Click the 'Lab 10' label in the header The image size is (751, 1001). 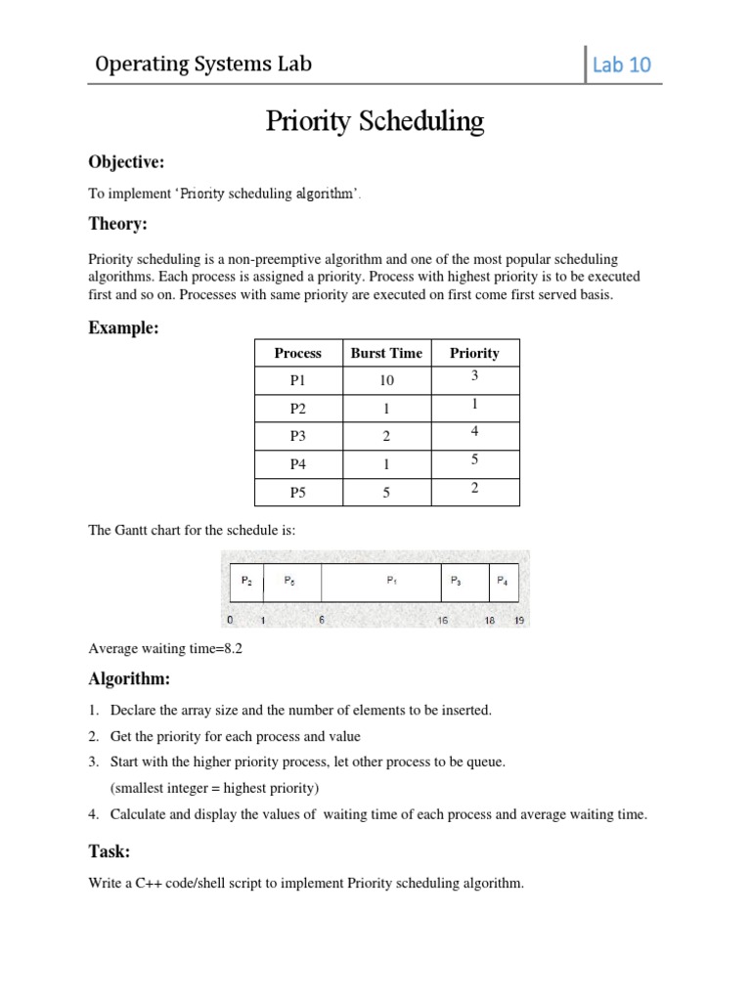pos(621,65)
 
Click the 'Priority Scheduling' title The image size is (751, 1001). pos(375,121)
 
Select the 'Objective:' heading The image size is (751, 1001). pos(126,161)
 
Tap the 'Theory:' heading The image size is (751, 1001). pos(117,224)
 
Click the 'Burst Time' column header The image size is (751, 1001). pos(386,353)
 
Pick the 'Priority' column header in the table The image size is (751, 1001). pos(474,353)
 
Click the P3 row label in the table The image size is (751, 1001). pos(297,437)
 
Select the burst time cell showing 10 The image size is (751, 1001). pos(386,381)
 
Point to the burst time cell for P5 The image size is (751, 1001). pos(386,493)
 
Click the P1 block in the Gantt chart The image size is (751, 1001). pos(391,581)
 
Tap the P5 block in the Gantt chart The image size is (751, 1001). pos(290,581)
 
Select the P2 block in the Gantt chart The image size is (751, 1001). pos(246,581)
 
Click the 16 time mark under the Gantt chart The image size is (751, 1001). pos(442,621)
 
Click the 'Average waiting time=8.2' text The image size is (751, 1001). pos(164,648)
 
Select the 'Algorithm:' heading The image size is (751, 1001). pos(129,679)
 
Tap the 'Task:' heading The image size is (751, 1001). pos(110,851)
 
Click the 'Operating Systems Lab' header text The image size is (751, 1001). pos(203,65)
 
